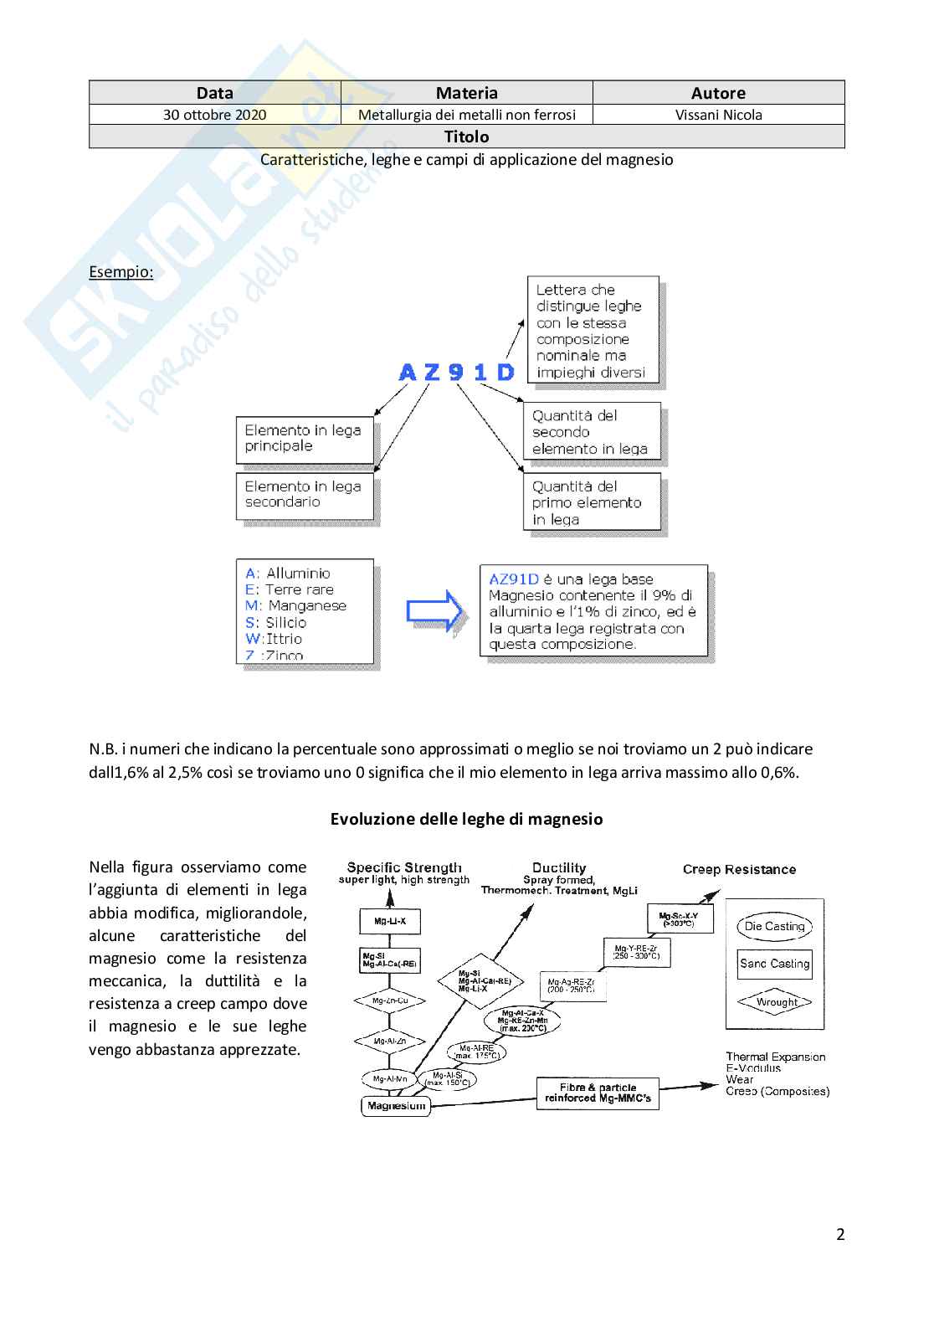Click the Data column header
click(x=215, y=93)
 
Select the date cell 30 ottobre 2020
click(x=215, y=115)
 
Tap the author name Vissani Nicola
click(x=718, y=115)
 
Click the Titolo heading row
click(x=466, y=136)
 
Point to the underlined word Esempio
click(x=121, y=272)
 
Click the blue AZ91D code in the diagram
click(x=456, y=372)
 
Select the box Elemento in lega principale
click(x=305, y=439)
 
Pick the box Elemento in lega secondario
click(x=305, y=495)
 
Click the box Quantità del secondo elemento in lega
click(x=591, y=432)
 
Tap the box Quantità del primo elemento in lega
click(x=591, y=502)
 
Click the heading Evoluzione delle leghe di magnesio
click(x=466, y=819)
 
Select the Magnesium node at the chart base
click(x=397, y=1106)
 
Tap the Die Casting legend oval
click(x=774, y=926)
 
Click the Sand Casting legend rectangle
click(x=774, y=964)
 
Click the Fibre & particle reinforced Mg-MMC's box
click(x=598, y=1093)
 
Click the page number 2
click(x=840, y=1234)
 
